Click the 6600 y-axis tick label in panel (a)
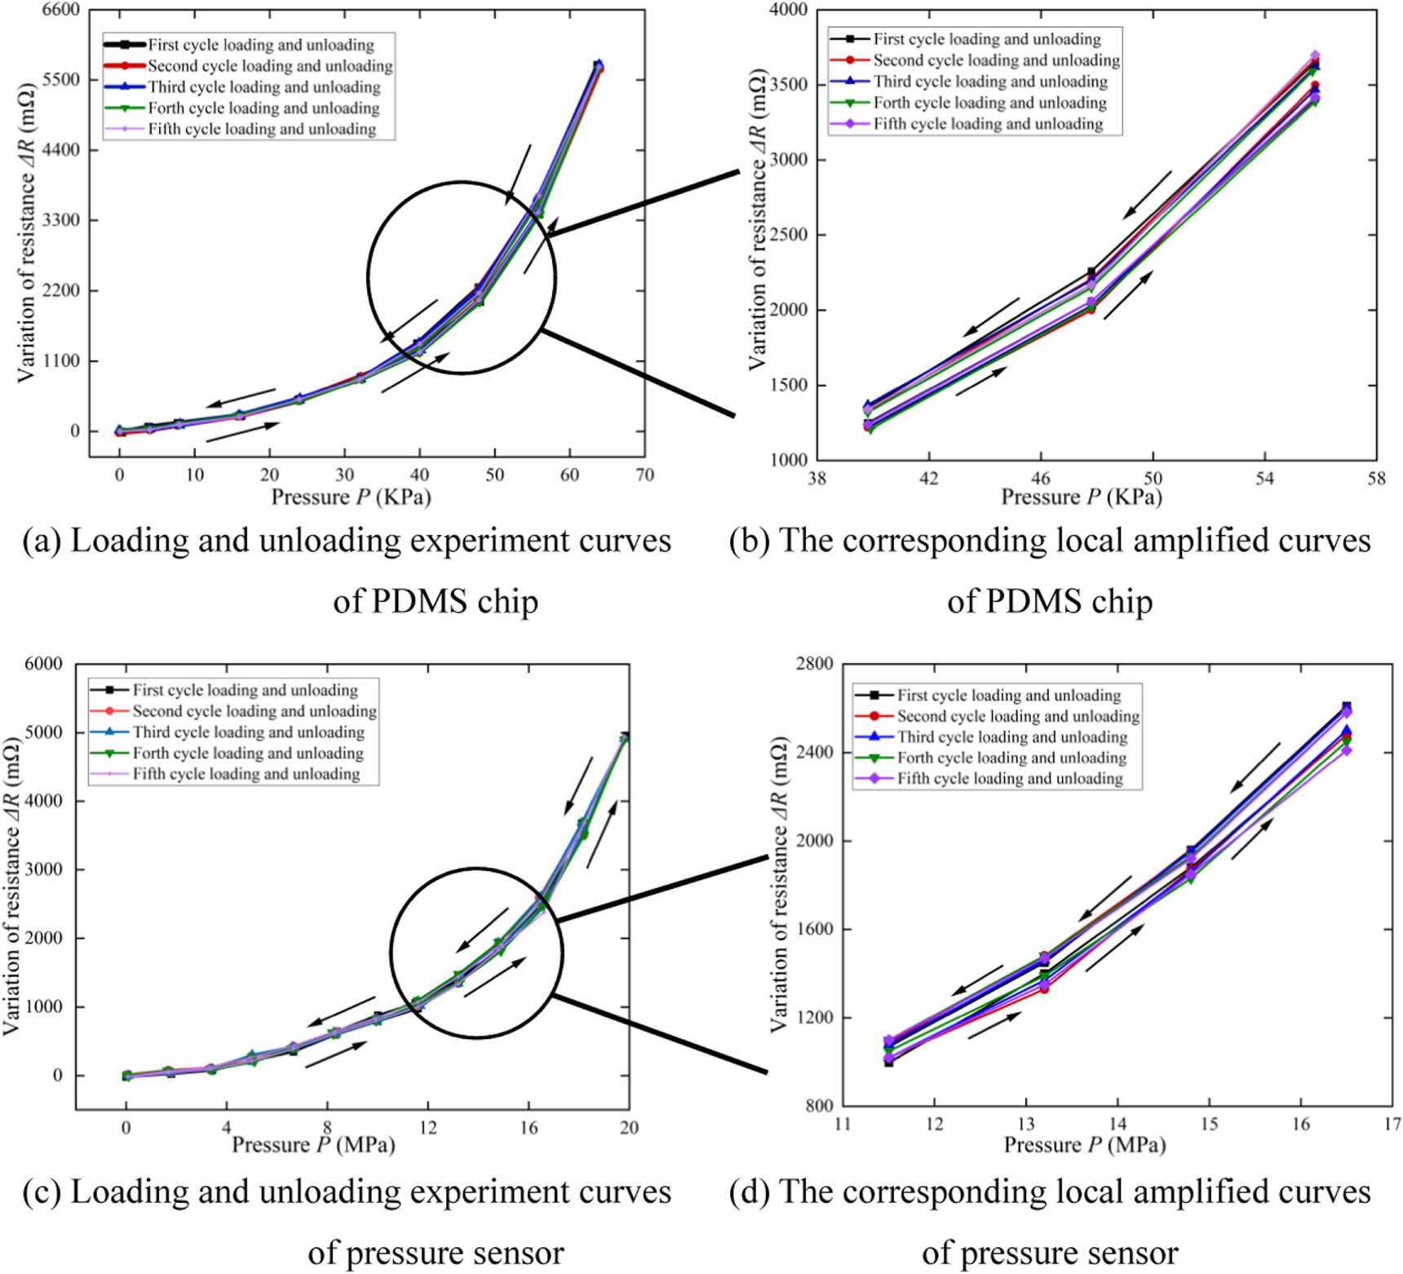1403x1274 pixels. [x=61, y=10]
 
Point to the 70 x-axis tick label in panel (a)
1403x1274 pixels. [x=644, y=475]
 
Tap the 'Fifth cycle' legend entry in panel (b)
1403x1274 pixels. [x=967, y=124]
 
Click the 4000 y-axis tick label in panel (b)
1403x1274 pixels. [x=788, y=10]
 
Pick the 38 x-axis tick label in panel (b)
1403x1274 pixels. [x=817, y=479]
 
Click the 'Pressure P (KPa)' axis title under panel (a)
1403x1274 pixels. [x=351, y=497]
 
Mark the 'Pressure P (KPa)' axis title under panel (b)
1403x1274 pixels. [x=1082, y=497]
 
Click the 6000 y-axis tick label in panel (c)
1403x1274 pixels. [x=44, y=664]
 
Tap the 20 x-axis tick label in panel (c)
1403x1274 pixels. [x=629, y=1127]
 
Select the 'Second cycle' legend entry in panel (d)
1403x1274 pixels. [x=998, y=716]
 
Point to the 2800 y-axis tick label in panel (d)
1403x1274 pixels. [x=814, y=664]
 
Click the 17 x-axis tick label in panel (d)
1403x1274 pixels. [x=1392, y=1124]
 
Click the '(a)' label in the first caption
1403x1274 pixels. [x=42, y=541]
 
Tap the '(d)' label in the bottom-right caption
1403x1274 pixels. [x=749, y=1192]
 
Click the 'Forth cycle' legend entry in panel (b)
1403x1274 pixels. [x=969, y=103]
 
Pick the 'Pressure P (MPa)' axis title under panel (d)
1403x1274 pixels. [x=1085, y=1145]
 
